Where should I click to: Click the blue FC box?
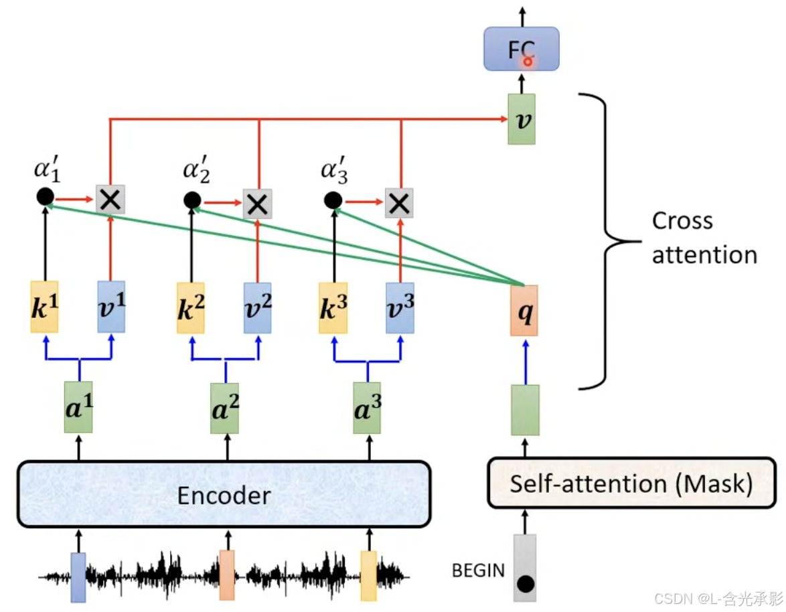[x=521, y=49]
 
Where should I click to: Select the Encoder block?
[x=223, y=493]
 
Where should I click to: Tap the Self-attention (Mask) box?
[x=631, y=483]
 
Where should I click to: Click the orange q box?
[x=524, y=310]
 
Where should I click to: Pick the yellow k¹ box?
[x=44, y=307]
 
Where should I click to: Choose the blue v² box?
[x=257, y=307]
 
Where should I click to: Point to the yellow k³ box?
[x=333, y=307]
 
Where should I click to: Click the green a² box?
[x=225, y=408]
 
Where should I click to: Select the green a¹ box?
[x=78, y=407]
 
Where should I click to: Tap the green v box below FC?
[x=522, y=119]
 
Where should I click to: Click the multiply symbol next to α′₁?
[x=110, y=199]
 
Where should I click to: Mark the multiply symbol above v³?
[x=399, y=202]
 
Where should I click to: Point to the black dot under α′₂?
[x=192, y=200]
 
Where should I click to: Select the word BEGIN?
[x=478, y=570]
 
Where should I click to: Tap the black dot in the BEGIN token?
[x=526, y=584]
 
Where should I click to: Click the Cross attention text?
[x=703, y=238]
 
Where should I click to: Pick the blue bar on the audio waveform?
[x=78, y=577]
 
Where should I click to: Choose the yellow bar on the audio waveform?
[x=369, y=575]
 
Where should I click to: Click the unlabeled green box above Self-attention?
[x=525, y=410]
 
